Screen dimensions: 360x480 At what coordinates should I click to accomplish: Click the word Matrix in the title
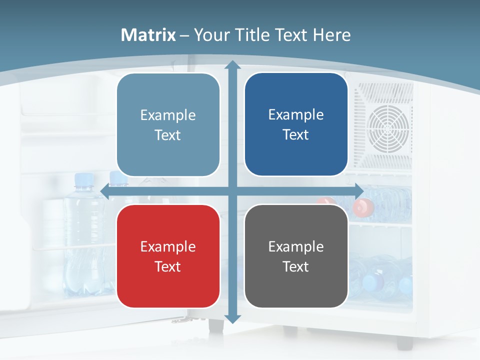pyautogui.click(x=148, y=35)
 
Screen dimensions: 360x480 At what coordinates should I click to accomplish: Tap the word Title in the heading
pyautogui.click(x=253, y=35)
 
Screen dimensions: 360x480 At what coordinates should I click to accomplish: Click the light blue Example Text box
pyautogui.click(x=168, y=125)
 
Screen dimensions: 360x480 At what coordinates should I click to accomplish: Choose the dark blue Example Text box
pyautogui.click(x=296, y=124)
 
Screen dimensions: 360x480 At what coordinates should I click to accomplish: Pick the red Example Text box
pyautogui.click(x=168, y=256)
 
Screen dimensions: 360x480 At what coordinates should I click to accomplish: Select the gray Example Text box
pyautogui.click(x=296, y=256)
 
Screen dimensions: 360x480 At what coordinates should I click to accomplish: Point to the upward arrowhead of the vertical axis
pyautogui.click(x=232, y=65)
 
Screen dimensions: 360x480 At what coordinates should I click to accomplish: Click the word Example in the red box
pyautogui.click(x=168, y=246)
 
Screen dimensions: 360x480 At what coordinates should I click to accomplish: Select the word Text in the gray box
pyautogui.click(x=296, y=266)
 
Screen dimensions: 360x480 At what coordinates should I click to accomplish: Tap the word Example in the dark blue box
pyautogui.click(x=296, y=114)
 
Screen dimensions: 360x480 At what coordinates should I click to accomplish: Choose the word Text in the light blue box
pyautogui.click(x=168, y=135)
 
